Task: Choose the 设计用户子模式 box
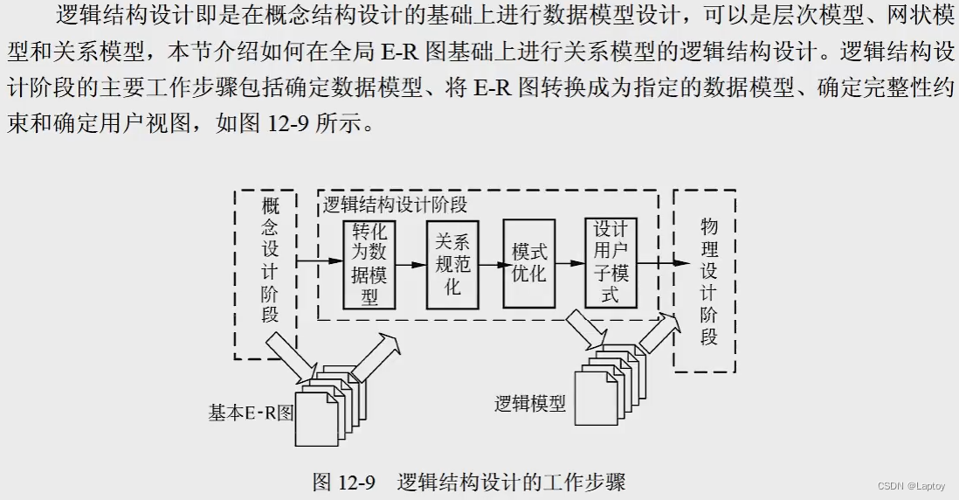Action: (611, 262)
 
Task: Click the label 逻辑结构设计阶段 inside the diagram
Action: (396, 205)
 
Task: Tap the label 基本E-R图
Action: (252, 413)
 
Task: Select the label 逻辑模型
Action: (530, 404)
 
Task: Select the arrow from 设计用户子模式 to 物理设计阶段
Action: (656, 260)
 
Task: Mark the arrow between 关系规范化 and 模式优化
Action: (491, 260)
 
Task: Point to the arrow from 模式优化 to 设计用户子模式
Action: (570, 260)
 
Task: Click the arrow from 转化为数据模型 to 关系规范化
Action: (411, 260)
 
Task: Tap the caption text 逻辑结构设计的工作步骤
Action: (511, 482)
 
